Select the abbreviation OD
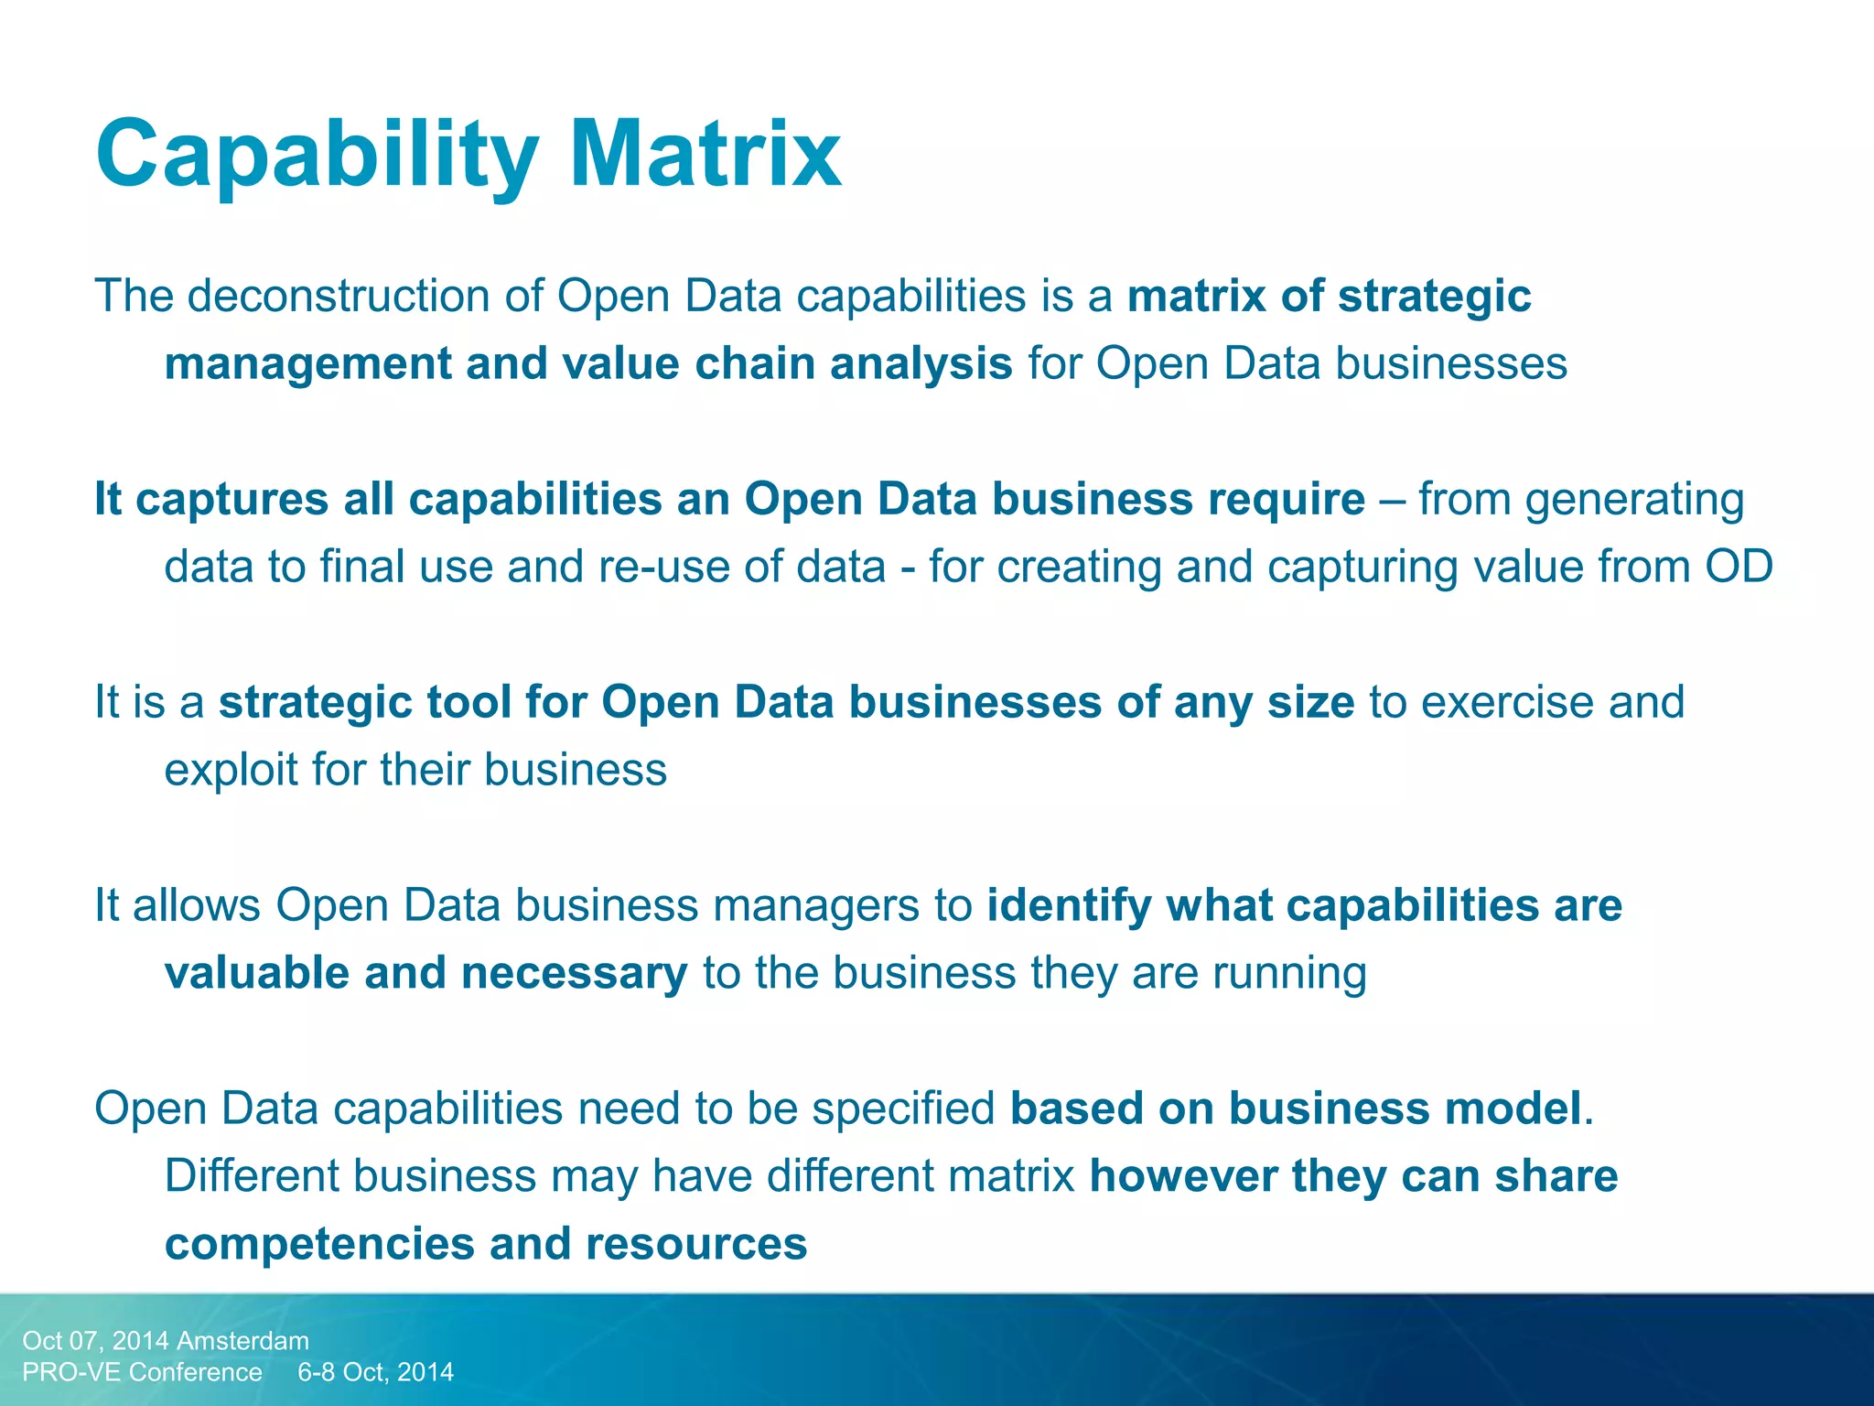point(1738,567)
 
